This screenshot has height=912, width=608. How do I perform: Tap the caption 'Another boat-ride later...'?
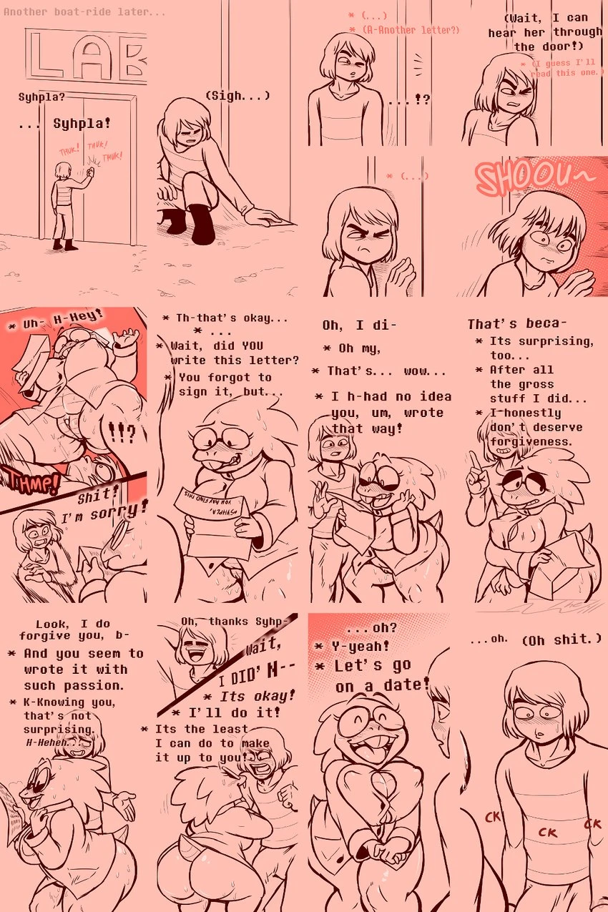pos(84,12)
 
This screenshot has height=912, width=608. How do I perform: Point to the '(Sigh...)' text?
pos(237,95)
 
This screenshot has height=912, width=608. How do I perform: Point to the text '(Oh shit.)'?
pos(562,639)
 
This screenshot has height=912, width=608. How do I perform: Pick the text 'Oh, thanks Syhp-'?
pos(236,621)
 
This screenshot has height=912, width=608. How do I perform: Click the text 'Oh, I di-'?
pos(358,325)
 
